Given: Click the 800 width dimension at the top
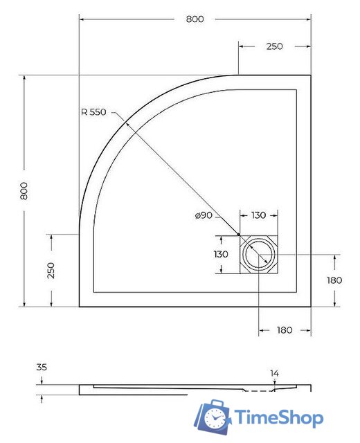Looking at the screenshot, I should click(195, 19).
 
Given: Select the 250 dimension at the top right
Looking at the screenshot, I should click(274, 46).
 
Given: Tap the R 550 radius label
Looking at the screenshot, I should click(93, 113).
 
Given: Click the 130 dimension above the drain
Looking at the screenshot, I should click(258, 216).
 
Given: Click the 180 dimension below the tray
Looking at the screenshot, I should click(285, 330).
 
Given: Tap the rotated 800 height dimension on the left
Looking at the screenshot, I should click(24, 190).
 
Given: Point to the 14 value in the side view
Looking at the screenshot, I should click(274, 374).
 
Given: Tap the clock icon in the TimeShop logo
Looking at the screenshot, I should click(217, 417).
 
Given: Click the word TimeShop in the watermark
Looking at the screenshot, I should click(278, 418).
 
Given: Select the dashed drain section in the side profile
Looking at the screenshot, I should click(257, 391).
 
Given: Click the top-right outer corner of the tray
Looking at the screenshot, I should click(310, 75).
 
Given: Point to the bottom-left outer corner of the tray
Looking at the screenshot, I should click(80, 307).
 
